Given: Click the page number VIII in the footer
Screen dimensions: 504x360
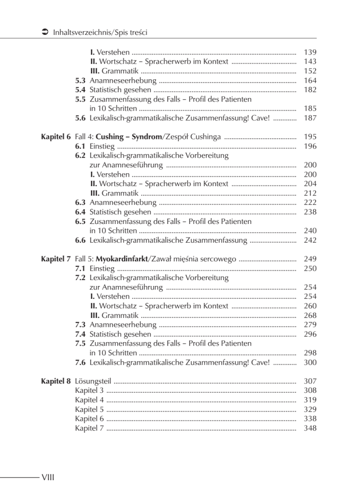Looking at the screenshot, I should point(48,477).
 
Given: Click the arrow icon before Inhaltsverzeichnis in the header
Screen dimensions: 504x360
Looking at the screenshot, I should point(45,32).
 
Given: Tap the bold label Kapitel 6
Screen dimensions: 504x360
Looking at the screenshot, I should point(56,137).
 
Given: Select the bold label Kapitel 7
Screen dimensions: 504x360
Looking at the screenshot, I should point(56,259).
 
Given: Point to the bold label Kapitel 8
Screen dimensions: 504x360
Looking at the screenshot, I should point(56,381).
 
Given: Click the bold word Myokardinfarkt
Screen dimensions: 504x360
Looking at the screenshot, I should point(122,259).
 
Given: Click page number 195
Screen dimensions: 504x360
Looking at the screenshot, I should point(310,137).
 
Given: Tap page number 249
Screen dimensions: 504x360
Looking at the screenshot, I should point(310,259).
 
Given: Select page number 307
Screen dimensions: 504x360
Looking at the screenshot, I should point(310,381).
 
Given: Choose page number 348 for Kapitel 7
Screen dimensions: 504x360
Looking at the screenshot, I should point(310,428).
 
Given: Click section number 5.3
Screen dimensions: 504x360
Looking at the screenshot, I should point(80,81).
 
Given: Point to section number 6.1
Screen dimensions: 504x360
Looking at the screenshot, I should point(80,146).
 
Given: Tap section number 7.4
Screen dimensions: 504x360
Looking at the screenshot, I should point(80,334).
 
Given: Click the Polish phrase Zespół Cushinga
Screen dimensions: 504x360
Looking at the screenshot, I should point(192,137).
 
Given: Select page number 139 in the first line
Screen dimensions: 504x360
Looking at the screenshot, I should point(310,52).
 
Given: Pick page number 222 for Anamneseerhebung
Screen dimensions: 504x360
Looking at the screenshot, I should point(310,203).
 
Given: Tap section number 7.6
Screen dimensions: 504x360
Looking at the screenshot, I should point(80,362).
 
